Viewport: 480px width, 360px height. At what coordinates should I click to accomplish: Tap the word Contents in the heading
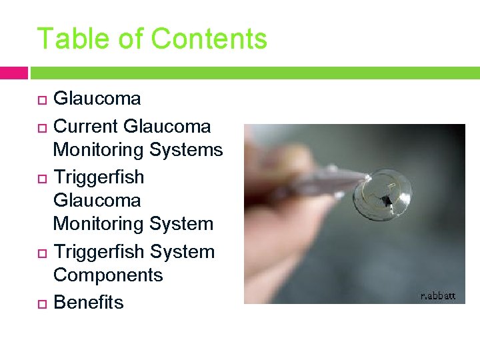[209, 39]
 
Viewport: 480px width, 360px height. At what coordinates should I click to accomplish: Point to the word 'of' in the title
[129, 39]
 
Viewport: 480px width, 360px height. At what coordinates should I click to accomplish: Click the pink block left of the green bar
[14, 72]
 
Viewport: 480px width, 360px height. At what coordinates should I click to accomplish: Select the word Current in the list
[86, 126]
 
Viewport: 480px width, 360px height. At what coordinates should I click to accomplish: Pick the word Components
[108, 275]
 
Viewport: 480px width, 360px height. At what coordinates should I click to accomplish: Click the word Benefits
[88, 303]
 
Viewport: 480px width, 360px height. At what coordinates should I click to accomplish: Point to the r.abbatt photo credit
[438, 295]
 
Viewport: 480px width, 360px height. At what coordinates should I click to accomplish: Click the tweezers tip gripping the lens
[361, 177]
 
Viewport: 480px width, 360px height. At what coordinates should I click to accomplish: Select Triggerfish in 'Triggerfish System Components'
[99, 252]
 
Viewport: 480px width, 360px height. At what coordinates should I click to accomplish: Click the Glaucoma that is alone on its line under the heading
[97, 99]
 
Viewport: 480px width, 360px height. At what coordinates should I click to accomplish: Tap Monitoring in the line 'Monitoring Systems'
[99, 150]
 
